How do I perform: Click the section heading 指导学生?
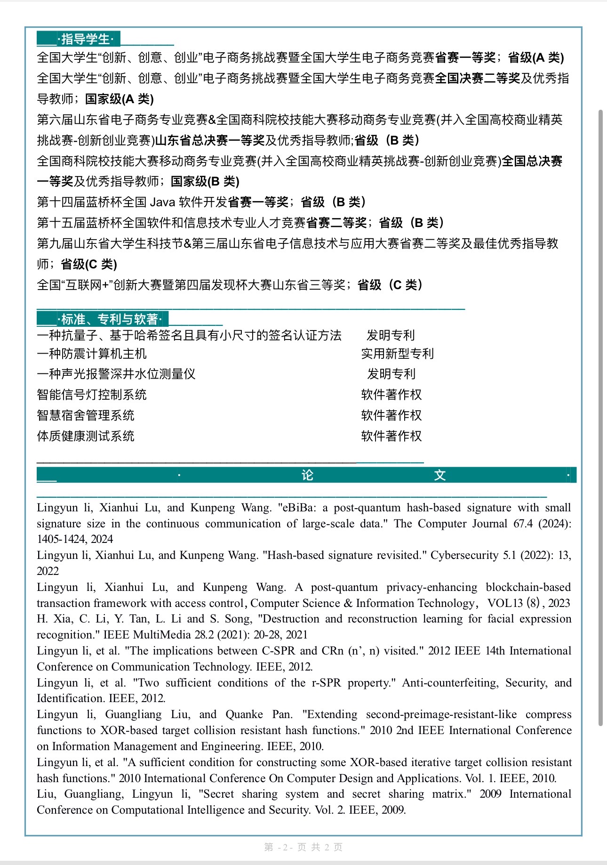pyautogui.click(x=85, y=39)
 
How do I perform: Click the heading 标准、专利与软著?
pyautogui.click(x=111, y=319)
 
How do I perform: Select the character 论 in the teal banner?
pyautogui.click(x=307, y=475)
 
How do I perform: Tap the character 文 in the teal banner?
pyautogui.click(x=440, y=475)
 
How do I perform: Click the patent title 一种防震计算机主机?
pyautogui.click(x=92, y=354)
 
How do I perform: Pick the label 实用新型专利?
pyautogui.click(x=397, y=354)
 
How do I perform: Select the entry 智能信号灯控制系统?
pyautogui.click(x=92, y=395)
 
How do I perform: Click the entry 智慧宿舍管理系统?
pyautogui.click(x=86, y=415)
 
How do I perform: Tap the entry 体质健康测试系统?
pyautogui.click(x=86, y=436)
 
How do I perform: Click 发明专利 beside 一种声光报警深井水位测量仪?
pyautogui.click(x=391, y=374)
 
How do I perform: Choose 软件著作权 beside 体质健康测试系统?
pyautogui.click(x=391, y=436)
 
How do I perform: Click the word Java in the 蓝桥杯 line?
pyautogui.click(x=162, y=202)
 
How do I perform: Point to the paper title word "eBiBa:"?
pyautogui.click(x=296, y=508)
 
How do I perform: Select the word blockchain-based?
pyautogui.click(x=528, y=587)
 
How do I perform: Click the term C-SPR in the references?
pyautogui.click(x=278, y=651)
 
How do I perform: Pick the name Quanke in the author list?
pyautogui.click(x=244, y=714)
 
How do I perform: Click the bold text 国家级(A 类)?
pyautogui.click(x=120, y=99)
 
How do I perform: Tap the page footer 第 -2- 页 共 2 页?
pyautogui.click(x=303, y=847)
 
